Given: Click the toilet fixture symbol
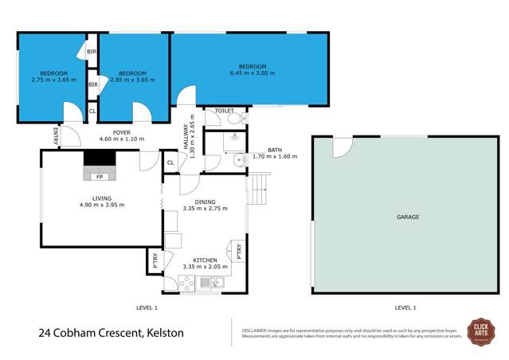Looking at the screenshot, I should tap(233, 119).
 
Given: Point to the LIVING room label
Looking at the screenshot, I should tap(100, 199).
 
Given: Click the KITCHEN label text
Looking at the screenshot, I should tap(206, 259).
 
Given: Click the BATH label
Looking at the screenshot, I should tap(275, 150).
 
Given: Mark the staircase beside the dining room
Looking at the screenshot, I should tap(260, 188).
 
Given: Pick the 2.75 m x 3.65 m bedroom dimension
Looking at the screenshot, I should tap(53, 80).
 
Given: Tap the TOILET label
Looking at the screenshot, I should tap(213, 111).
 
